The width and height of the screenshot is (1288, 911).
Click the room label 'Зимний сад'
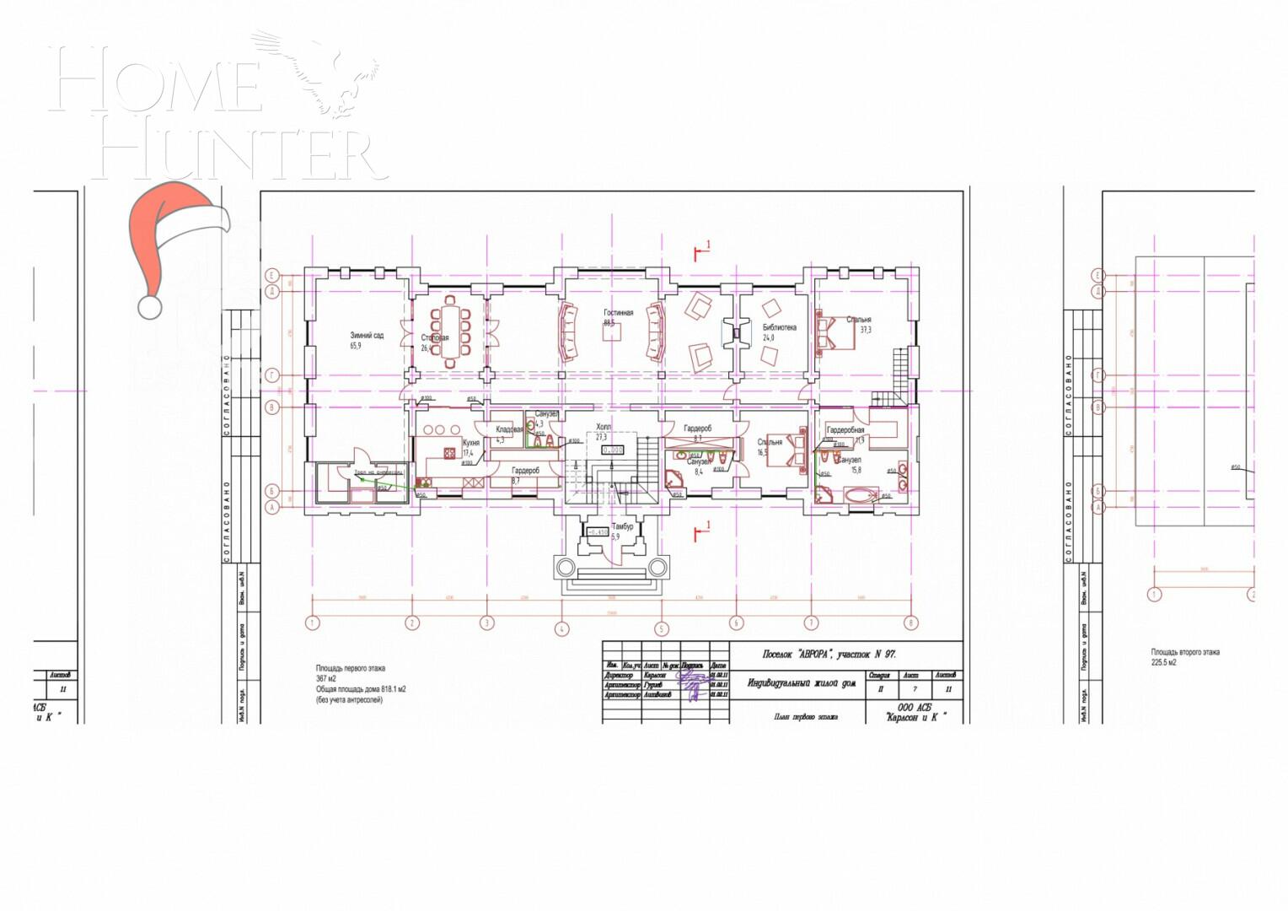pyautogui.click(x=367, y=335)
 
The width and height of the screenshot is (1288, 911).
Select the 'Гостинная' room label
pyautogui.click(x=618, y=313)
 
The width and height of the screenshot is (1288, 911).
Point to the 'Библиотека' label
pyautogui.click(x=779, y=327)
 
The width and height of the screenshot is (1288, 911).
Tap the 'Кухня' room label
pyautogui.click(x=471, y=443)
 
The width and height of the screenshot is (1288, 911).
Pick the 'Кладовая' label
pyautogui.click(x=509, y=429)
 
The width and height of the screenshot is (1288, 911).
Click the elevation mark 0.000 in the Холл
pyautogui.click(x=613, y=450)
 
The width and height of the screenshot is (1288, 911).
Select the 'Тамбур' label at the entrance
pyautogui.click(x=622, y=526)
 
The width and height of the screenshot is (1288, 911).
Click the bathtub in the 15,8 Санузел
pyautogui.click(x=861, y=495)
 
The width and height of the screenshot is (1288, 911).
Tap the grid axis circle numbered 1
pyautogui.click(x=313, y=623)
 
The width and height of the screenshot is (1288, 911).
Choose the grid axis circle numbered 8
pyautogui.click(x=911, y=623)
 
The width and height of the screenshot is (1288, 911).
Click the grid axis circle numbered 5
pyautogui.click(x=661, y=628)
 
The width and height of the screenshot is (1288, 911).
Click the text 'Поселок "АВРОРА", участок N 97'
pyautogui.click(x=829, y=654)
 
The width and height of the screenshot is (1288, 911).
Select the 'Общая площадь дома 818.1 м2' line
pyautogui.click(x=361, y=689)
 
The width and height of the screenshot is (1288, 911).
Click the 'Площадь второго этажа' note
pyautogui.click(x=1185, y=652)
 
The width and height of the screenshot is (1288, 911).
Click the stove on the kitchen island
pyautogui.click(x=439, y=431)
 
